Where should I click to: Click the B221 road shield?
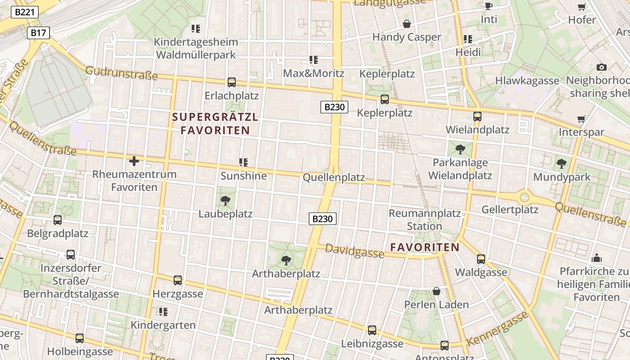point(24,12)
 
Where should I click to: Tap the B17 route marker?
point(38,33)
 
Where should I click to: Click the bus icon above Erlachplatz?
point(232,82)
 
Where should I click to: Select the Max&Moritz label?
point(313,73)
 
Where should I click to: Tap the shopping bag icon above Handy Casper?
point(407,24)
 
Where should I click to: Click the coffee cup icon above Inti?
point(489,6)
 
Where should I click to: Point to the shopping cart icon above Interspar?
point(581,119)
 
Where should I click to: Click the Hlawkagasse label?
point(527,81)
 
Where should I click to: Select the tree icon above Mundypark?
point(561,164)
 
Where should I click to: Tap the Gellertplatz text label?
point(510,210)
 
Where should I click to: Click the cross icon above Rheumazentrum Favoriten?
point(134,161)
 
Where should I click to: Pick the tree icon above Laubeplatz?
point(225,201)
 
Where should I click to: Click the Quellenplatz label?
point(333,177)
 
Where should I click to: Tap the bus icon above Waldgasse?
point(481,259)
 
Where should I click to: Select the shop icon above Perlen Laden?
point(436,291)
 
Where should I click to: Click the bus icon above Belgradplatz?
point(58,220)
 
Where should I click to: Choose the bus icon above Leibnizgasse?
point(372,330)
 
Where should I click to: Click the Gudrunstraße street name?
point(121,73)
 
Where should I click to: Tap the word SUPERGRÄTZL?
point(215,117)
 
